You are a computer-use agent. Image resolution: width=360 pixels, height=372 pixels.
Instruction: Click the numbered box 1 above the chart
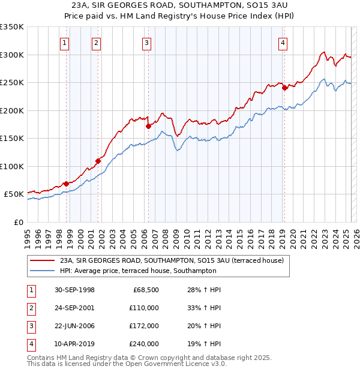click(x=64, y=43)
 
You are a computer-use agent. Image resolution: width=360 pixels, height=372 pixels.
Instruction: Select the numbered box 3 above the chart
click(x=146, y=43)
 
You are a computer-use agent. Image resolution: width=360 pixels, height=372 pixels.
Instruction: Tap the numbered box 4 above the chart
click(x=282, y=43)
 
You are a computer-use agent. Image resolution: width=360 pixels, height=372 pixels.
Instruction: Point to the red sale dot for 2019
click(x=284, y=88)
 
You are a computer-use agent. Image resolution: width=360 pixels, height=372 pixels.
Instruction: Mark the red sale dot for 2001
click(x=97, y=161)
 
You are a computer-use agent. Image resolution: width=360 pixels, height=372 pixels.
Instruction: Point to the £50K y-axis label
click(x=13, y=194)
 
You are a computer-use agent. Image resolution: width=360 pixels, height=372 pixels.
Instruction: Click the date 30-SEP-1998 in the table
click(x=74, y=290)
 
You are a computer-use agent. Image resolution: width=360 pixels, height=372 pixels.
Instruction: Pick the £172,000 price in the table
click(x=144, y=326)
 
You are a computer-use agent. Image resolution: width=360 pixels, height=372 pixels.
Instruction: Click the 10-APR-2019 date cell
click(x=74, y=344)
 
